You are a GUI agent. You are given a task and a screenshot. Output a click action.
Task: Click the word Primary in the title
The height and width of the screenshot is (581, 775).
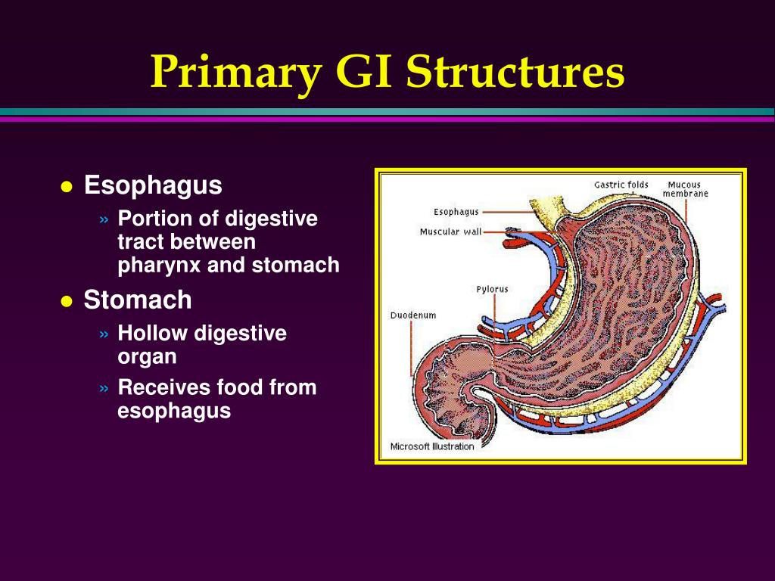pyautogui.click(x=237, y=72)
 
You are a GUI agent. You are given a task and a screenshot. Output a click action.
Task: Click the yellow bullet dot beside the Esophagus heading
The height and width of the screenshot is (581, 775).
pyautogui.click(x=67, y=188)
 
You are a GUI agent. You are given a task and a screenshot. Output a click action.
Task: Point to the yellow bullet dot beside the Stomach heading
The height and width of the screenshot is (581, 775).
pyautogui.click(x=67, y=301)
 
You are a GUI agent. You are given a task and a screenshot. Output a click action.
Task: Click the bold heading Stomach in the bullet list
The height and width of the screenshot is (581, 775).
pyautogui.click(x=138, y=300)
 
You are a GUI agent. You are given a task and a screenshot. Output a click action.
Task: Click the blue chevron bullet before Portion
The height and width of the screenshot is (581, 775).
pyautogui.click(x=104, y=219)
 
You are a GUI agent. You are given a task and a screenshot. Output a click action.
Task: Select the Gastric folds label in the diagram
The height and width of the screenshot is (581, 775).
pyautogui.click(x=621, y=185)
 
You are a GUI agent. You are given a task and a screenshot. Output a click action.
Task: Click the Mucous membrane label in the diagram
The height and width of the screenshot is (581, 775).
pyautogui.click(x=685, y=189)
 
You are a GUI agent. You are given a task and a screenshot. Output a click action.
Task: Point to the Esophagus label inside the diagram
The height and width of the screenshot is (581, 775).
pyautogui.click(x=456, y=212)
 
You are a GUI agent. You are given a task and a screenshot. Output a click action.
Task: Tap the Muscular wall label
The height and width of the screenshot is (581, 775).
pyautogui.click(x=450, y=231)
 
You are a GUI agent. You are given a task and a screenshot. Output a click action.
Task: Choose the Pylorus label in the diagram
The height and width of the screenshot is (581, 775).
pyautogui.click(x=492, y=290)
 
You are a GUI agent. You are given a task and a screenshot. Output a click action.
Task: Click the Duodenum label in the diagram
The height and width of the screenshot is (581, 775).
pyautogui.click(x=413, y=315)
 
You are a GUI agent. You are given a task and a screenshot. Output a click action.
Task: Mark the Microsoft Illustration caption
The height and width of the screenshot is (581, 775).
pyautogui.click(x=432, y=446)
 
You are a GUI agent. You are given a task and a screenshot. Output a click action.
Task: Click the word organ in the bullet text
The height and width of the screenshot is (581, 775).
pyautogui.click(x=147, y=357)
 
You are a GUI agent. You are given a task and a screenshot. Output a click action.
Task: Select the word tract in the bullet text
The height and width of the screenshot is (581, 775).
pyautogui.click(x=140, y=242)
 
